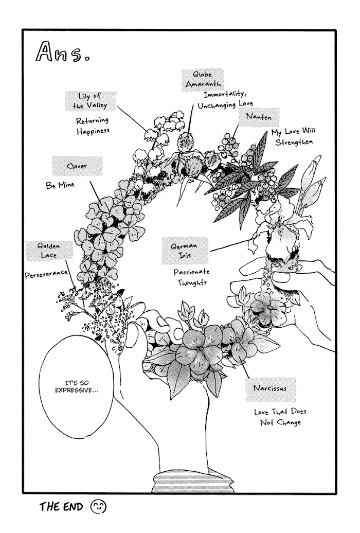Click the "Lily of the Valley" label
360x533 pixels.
[x=91, y=101]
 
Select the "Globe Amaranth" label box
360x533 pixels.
[x=203, y=80]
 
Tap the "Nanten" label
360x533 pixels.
[x=259, y=117]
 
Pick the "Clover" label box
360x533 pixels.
[x=77, y=166]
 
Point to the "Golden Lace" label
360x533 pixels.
[x=49, y=251]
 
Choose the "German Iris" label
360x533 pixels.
[x=185, y=251]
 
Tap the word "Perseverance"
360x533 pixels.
[x=46, y=274]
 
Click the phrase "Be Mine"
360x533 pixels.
[x=60, y=185]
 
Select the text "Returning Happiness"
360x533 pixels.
[x=93, y=126]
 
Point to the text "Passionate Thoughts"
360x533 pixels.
[x=192, y=277]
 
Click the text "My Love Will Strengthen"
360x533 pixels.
[x=293, y=136]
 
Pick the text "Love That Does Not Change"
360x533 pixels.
[x=280, y=417]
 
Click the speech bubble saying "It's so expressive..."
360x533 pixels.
[x=77, y=387]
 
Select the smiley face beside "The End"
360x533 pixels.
[x=98, y=507]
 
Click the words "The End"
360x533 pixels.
[x=61, y=507]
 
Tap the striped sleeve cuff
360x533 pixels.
[x=193, y=482]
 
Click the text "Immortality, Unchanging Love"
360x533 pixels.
[x=225, y=100]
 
